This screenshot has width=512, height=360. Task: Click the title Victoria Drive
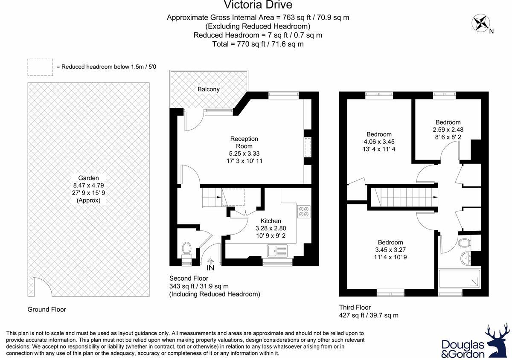coord(258,5)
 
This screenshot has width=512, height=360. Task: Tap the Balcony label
coord(208,89)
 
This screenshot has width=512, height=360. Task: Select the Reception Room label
coord(244,142)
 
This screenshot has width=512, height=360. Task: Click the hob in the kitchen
coord(303,212)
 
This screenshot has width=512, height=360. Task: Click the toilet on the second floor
coord(187,249)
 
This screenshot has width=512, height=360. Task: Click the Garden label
coord(88,178)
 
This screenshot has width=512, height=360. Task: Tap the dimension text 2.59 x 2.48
coord(448,130)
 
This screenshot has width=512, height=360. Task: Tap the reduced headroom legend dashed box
coord(40,67)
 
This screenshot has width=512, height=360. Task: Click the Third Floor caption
coord(355,307)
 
